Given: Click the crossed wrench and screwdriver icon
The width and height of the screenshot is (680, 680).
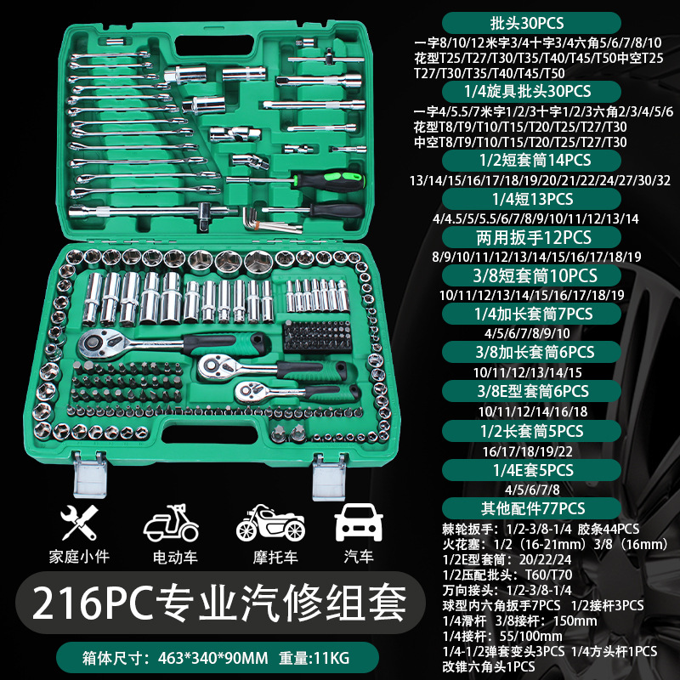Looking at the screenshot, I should (x=80, y=521).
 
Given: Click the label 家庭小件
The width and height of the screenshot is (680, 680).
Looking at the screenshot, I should (x=80, y=558).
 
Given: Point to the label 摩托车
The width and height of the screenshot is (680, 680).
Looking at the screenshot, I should (x=264, y=558).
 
